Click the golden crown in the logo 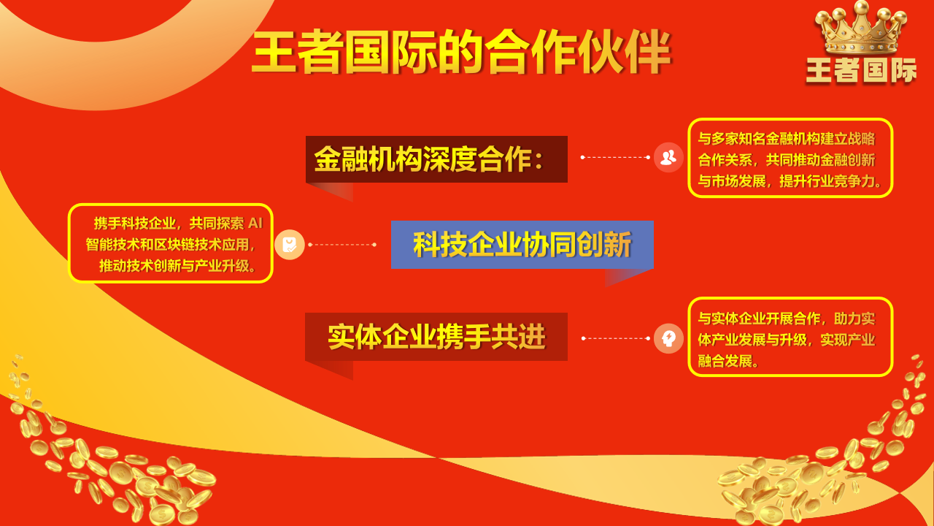pos(860,28)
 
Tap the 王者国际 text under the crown pos(861,71)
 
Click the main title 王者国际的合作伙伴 pos(461,52)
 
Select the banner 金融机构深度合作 pos(436,159)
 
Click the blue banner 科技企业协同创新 pos(522,245)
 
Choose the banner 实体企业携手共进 pos(436,337)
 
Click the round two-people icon pos(668,157)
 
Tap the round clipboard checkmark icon pos(290,245)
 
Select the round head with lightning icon pos(668,338)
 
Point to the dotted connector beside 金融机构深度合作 pos(615,157)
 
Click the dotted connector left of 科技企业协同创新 pos(342,245)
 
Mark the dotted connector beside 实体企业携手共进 pos(616,338)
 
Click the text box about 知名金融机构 pos(790,158)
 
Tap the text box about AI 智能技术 pos(171,243)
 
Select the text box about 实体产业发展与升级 pos(790,337)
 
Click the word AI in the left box pos(255,224)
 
